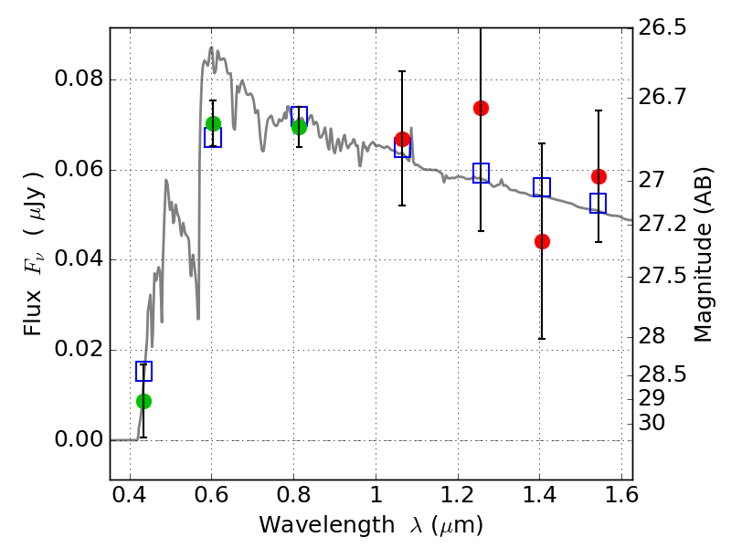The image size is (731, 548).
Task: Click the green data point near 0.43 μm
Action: click(x=143, y=401)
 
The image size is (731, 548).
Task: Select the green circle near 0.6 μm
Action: click(x=213, y=123)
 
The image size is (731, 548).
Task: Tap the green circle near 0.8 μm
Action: click(x=299, y=127)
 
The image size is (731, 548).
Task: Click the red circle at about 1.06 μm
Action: click(x=402, y=139)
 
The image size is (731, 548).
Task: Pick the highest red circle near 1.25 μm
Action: click(x=481, y=108)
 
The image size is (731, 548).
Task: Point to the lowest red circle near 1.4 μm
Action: click(x=542, y=241)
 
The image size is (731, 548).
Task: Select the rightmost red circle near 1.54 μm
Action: click(x=599, y=176)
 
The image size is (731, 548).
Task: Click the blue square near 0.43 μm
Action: click(x=143, y=371)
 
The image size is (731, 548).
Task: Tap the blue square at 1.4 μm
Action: click(x=542, y=187)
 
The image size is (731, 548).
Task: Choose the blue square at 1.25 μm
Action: click(x=481, y=173)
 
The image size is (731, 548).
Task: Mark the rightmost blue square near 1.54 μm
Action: click(x=599, y=204)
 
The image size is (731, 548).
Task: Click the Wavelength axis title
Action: click(x=370, y=525)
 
